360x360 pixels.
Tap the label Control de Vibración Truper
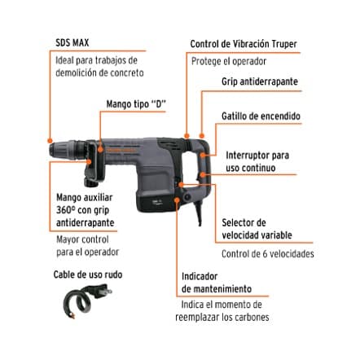pos(244,44)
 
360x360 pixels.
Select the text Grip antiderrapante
pos(259,82)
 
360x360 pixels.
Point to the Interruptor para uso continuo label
pos(257,161)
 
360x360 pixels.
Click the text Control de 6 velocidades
pos(267,254)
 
